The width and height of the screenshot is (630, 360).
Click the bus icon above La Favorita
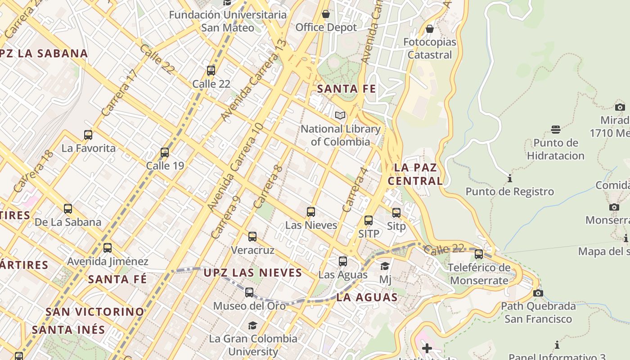(88, 135)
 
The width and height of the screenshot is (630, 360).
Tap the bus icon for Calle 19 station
(165, 153)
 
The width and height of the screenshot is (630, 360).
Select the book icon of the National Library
(340, 116)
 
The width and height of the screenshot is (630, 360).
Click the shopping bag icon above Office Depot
(326, 14)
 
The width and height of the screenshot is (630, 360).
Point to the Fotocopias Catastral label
(429, 49)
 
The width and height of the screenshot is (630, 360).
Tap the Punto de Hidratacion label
(556, 149)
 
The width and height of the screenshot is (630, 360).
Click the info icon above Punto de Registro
(509, 179)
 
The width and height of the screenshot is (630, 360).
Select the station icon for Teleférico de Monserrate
(479, 254)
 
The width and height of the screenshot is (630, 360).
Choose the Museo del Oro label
(249, 306)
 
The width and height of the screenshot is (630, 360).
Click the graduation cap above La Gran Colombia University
(252, 325)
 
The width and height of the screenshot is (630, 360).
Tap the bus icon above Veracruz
(252, 236)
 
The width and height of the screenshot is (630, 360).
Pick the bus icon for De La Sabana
(68, 209)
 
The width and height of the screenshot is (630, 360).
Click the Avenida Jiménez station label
(108, 261)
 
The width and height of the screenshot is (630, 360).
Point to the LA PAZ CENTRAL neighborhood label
(415, 174)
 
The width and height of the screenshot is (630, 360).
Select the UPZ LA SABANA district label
(44, 54)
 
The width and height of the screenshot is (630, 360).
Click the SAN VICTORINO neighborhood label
(95, 311)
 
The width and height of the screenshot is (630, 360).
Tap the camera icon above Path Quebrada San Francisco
(538, 293)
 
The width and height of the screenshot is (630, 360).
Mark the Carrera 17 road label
(119, 93)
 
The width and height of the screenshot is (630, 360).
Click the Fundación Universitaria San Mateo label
(228, 21)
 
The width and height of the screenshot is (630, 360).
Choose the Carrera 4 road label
(355, 190)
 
